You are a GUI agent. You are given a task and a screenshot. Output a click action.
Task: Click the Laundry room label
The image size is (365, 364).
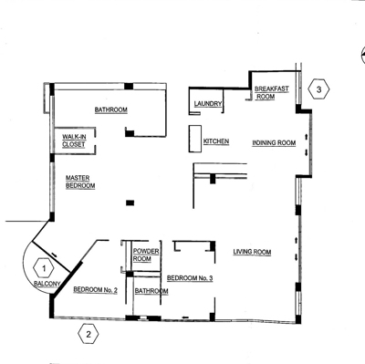(208, 104)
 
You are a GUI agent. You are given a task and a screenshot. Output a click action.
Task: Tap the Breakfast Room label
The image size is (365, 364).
(271, 93)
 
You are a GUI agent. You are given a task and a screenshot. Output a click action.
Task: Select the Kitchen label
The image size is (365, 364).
(216, 141)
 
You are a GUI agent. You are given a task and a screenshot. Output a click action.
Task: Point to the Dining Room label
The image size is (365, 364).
(274, 142)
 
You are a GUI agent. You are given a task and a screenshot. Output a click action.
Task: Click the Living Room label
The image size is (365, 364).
(252, 252)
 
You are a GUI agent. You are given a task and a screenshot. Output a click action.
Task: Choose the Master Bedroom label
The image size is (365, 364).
(80, 182)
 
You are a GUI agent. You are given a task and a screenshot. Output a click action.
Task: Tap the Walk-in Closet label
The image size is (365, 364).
(74, 140)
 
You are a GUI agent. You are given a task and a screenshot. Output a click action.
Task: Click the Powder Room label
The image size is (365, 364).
(146, 255)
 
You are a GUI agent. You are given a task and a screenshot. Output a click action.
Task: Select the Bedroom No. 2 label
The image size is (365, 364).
(95, 290)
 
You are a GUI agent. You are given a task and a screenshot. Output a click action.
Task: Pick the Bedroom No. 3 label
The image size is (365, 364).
(190, 278)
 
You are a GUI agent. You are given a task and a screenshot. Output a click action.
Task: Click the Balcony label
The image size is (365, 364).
(47, 284)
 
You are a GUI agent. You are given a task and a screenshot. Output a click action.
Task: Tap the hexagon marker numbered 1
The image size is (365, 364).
(44, 268)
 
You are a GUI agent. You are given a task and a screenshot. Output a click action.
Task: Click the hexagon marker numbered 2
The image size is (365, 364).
(89, 334)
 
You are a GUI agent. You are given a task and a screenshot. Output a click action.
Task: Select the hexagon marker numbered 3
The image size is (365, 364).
(318, 89)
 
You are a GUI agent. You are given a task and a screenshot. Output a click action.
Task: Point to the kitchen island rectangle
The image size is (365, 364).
(195, 139)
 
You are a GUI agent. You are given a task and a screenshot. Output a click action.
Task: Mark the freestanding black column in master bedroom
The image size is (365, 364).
(130, 203)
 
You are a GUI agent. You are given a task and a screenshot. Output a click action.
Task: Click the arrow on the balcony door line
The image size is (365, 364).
(54, 255)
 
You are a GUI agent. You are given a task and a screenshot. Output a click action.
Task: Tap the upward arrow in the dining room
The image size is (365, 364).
(307, 136)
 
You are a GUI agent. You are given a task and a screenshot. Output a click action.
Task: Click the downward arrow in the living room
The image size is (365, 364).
(297, 258)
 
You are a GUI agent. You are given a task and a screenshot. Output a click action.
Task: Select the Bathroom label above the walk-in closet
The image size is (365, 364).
(111, 109)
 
